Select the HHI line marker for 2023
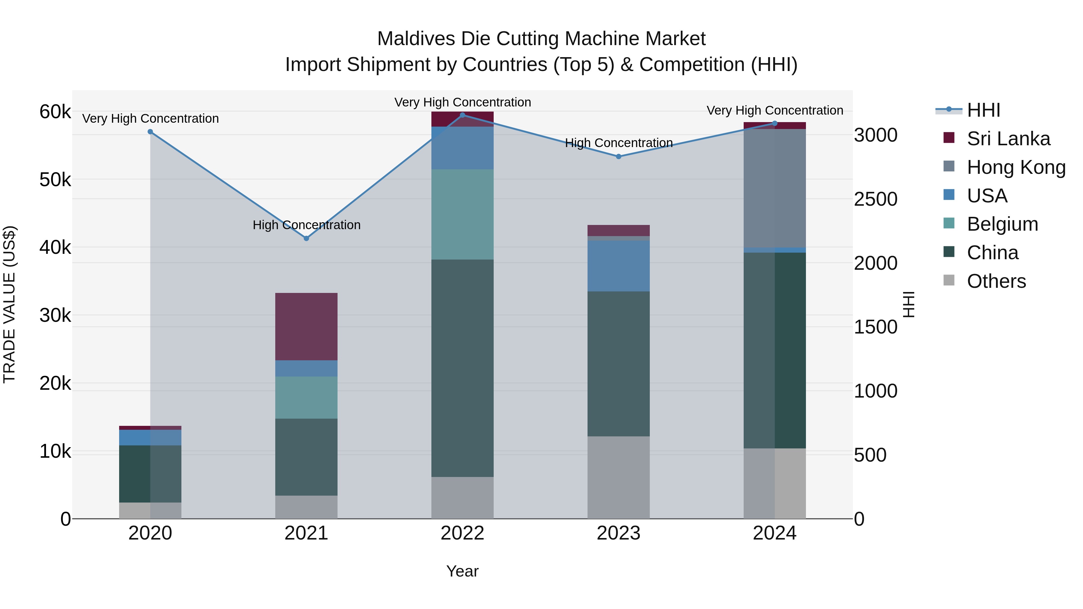(x=619, y=156)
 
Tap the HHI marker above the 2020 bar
(x=150, y=131)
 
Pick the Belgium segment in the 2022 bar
(x=462, y=214)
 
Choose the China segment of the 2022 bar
(x=462, y=368)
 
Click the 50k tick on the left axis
(x=55, y=180)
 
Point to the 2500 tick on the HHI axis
(x=875, y=199)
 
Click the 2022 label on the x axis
(x=462, y=533)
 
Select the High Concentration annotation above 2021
(x=307, y=225)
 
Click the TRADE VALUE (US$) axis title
(x=10, y=304)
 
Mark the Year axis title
(x=462, y=571)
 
